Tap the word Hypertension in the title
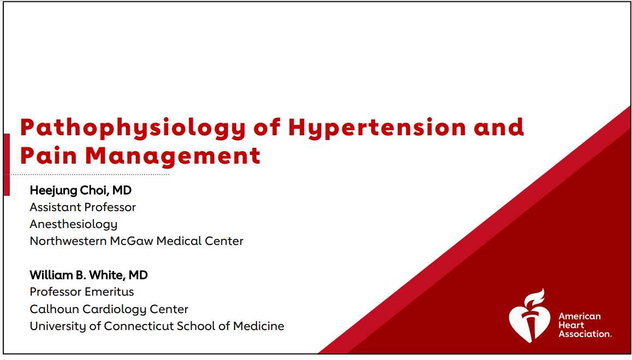377,128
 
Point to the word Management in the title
172,155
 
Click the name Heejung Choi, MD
81,190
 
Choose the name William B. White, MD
88,275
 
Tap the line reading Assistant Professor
83,207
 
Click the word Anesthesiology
74,224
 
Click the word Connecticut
143,326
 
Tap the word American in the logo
580,316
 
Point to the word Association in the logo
584,334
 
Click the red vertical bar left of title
7,164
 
